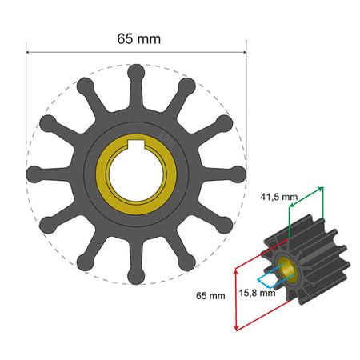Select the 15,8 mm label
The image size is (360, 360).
[x=257, y=293]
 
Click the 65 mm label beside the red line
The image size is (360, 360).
[x=210, y=296]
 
